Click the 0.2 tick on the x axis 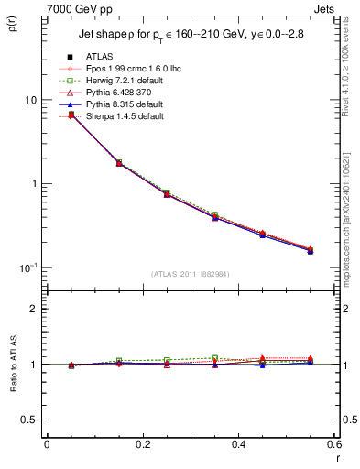coord(142,446)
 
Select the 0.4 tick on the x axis coord(238,446)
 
